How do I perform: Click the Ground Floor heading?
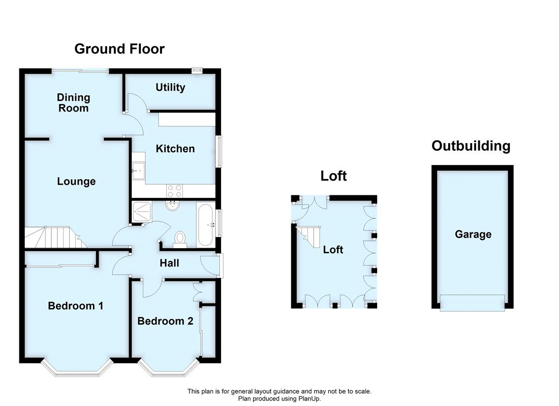(x=119, y=49)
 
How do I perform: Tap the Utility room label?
(x=170, y=87)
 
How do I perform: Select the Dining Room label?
(x=73, y=103)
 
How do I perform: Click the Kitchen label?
(x=175, y=149)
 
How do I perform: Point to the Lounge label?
(x=76, y=181)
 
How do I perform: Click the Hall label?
(x=169, y=263)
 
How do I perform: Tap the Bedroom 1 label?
(x=76, y=306)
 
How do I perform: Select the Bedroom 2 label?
(x=165, y=321)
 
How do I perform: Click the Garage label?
(x=473, y=234)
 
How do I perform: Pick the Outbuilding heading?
(x=471, y=146)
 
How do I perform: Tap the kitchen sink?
(x=138, y=171)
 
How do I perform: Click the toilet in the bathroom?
(x=180, y=239)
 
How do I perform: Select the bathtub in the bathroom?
(x=206, y=223)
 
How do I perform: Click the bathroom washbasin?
(x=173, y=205)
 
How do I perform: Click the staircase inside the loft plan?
(x=308, y=236)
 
